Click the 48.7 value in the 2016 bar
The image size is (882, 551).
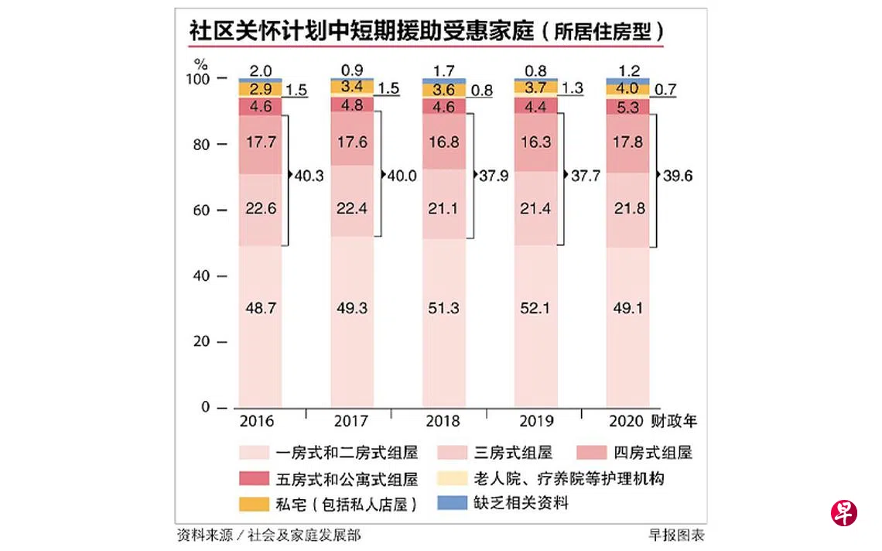tap(259, 308)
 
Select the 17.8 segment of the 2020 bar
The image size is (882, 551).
tap(627, 142)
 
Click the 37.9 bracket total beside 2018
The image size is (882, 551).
tap(493, 176)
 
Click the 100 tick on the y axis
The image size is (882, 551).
tap(197, 80)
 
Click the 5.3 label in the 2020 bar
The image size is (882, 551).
tap(627, 107)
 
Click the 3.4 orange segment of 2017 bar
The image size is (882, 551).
tap(351, 86)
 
